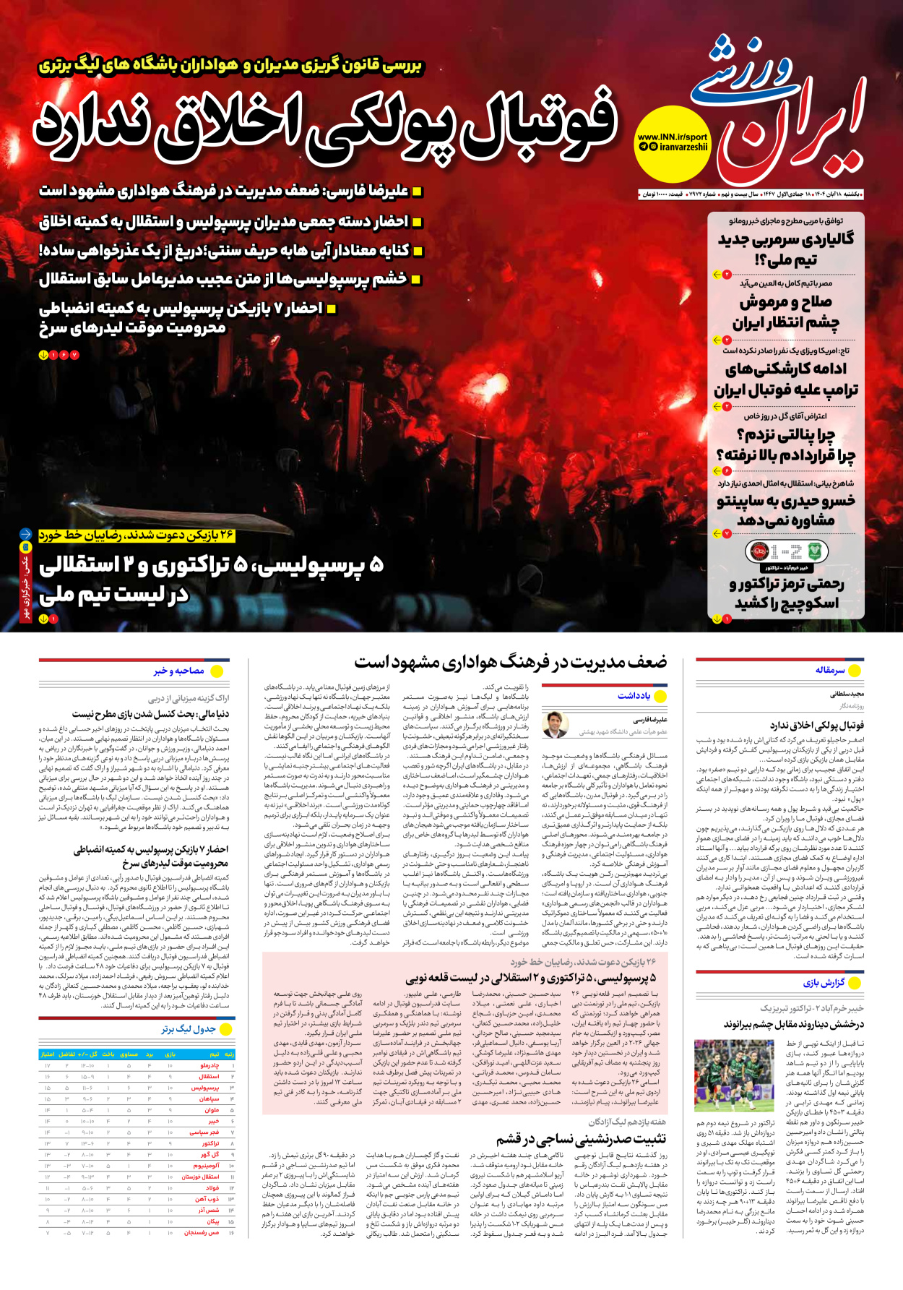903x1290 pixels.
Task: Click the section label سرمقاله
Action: (830, 671)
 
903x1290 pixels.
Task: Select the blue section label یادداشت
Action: (634, 695)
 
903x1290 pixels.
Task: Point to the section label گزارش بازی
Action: (824, 983)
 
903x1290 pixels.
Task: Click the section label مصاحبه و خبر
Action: (178, 671)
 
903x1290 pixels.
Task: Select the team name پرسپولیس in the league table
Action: (205, 1088)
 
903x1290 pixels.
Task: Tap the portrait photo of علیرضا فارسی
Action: (555, 725)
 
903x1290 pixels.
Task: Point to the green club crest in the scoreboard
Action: (815, 552)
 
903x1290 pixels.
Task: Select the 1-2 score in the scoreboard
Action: (786, 553)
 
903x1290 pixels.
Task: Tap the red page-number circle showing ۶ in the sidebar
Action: (727, 471)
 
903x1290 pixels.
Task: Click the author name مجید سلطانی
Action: (847, 694)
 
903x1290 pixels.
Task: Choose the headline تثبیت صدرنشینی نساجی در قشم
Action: (581, 1139)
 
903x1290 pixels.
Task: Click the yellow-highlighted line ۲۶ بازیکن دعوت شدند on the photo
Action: (137, 535)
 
